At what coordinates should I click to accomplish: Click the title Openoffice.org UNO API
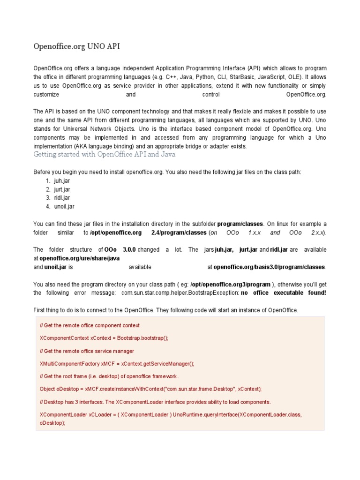80,46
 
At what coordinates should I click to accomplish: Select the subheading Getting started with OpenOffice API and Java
105,154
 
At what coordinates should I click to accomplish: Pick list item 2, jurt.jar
62,189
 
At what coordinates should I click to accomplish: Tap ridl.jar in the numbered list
62,198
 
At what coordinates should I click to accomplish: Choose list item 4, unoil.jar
64,206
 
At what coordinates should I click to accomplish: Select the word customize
46,94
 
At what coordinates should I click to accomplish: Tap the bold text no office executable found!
283,293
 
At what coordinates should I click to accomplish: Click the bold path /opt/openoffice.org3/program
230,285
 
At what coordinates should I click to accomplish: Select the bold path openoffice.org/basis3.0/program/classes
269,267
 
